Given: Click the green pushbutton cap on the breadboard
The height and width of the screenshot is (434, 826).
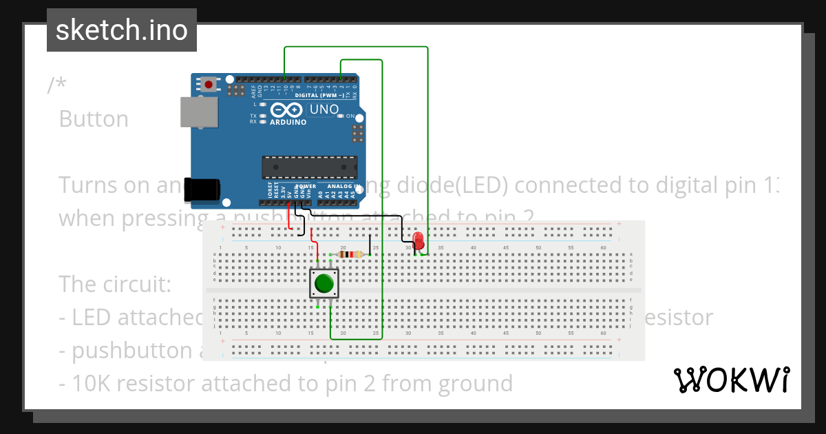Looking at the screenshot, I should (x=324, y=283).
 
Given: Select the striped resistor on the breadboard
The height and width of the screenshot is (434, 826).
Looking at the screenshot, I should (x=352, y=254).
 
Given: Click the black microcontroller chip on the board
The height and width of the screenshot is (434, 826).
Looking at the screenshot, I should (x=310, y=167).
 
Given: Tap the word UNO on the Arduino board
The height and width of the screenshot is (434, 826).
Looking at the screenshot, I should (x=324, y=110).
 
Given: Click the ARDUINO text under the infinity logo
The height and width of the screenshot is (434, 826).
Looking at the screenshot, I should (x=287, y=122).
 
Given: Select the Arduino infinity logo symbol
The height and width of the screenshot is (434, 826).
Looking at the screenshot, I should (x=286, y=110).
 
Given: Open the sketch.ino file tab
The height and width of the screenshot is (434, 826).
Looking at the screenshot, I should (x=122, y=30).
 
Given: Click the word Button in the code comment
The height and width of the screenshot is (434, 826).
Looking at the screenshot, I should (x=94, y=119).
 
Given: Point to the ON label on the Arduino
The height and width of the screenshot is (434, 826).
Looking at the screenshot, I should (x=350, y=116).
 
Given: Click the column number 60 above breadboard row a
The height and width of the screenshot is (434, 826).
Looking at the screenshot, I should (x=604, y=247).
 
